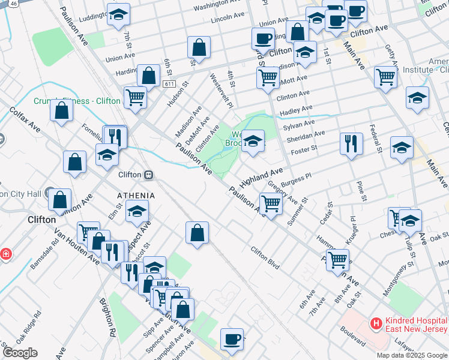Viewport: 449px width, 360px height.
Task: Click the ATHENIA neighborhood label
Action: click(x=136, y=196)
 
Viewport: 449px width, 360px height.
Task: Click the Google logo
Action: click(x=19, y=352)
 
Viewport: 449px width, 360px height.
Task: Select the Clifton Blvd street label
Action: click(x=265, y=257)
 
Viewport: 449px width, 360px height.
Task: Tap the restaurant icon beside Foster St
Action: click(x=351, y=143)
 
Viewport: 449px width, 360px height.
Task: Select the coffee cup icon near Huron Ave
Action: click(x=232, y=339)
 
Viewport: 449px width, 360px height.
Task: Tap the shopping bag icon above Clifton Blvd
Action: click(x=197, y=232)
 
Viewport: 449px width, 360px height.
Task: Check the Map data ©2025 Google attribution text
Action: click(x=412, y=355)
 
